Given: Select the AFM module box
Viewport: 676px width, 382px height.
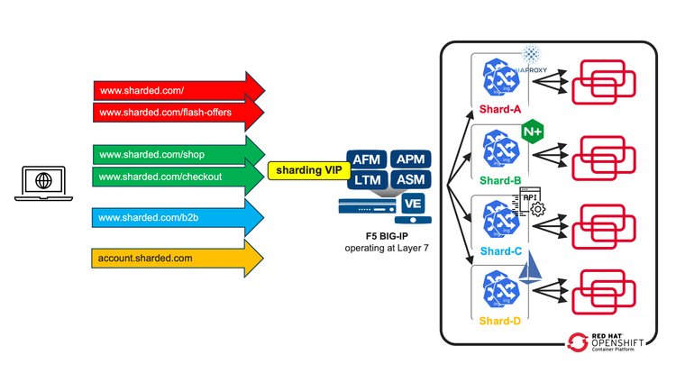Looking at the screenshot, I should tap(366, 159).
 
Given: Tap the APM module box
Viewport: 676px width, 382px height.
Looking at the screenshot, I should tap(409, 159).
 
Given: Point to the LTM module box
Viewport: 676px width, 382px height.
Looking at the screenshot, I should tap(366, 180).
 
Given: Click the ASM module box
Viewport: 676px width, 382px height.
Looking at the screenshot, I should tap(409, 180).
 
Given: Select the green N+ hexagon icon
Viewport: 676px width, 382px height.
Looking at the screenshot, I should tap(532, 132).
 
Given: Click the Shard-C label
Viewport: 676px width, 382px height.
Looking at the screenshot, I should tap(500, 250).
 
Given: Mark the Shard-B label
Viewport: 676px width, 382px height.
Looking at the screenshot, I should tap(500, 179).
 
